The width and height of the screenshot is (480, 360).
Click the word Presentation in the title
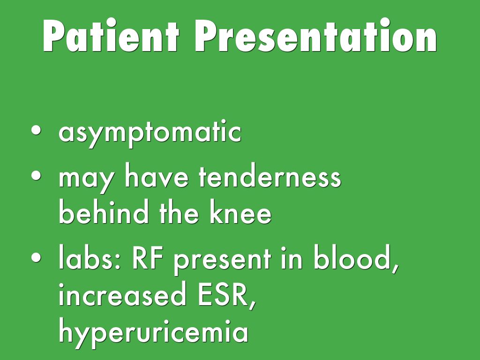pyautogui.click(x=315, y=36)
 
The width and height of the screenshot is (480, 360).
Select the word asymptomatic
pyautogui.click(x=150, y=134)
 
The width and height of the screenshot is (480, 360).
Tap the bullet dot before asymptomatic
pyautogui.click(x=36, y=130)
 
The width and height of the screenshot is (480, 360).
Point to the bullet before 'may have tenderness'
pyautogui.click(x=36, y=175)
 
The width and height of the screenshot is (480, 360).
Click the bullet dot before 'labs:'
pyautogui.click(x=36, y=257)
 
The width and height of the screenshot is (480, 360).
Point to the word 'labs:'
pyautogui.click(x=90, y=257)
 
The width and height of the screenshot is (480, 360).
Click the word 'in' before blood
pyautogui.click(x=292, y=259)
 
